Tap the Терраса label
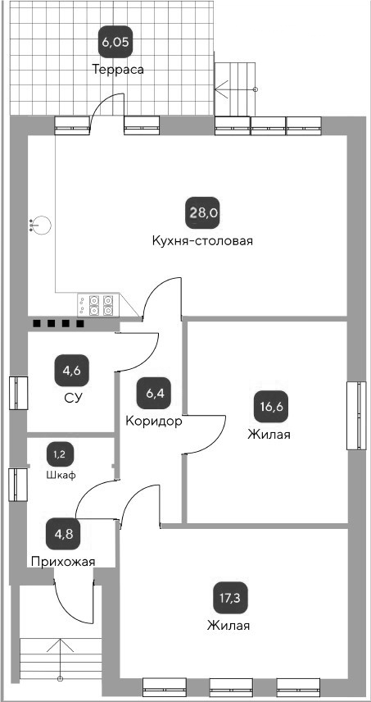pyautogui.click(x=118, y=70)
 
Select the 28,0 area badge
pyautogui.click(x=203, y=213)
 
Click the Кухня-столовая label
pyautogui.click(x=202, y=241)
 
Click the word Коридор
pyautogui.click(x=153, y=421)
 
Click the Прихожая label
pyautogui.click(x=63, y=562)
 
